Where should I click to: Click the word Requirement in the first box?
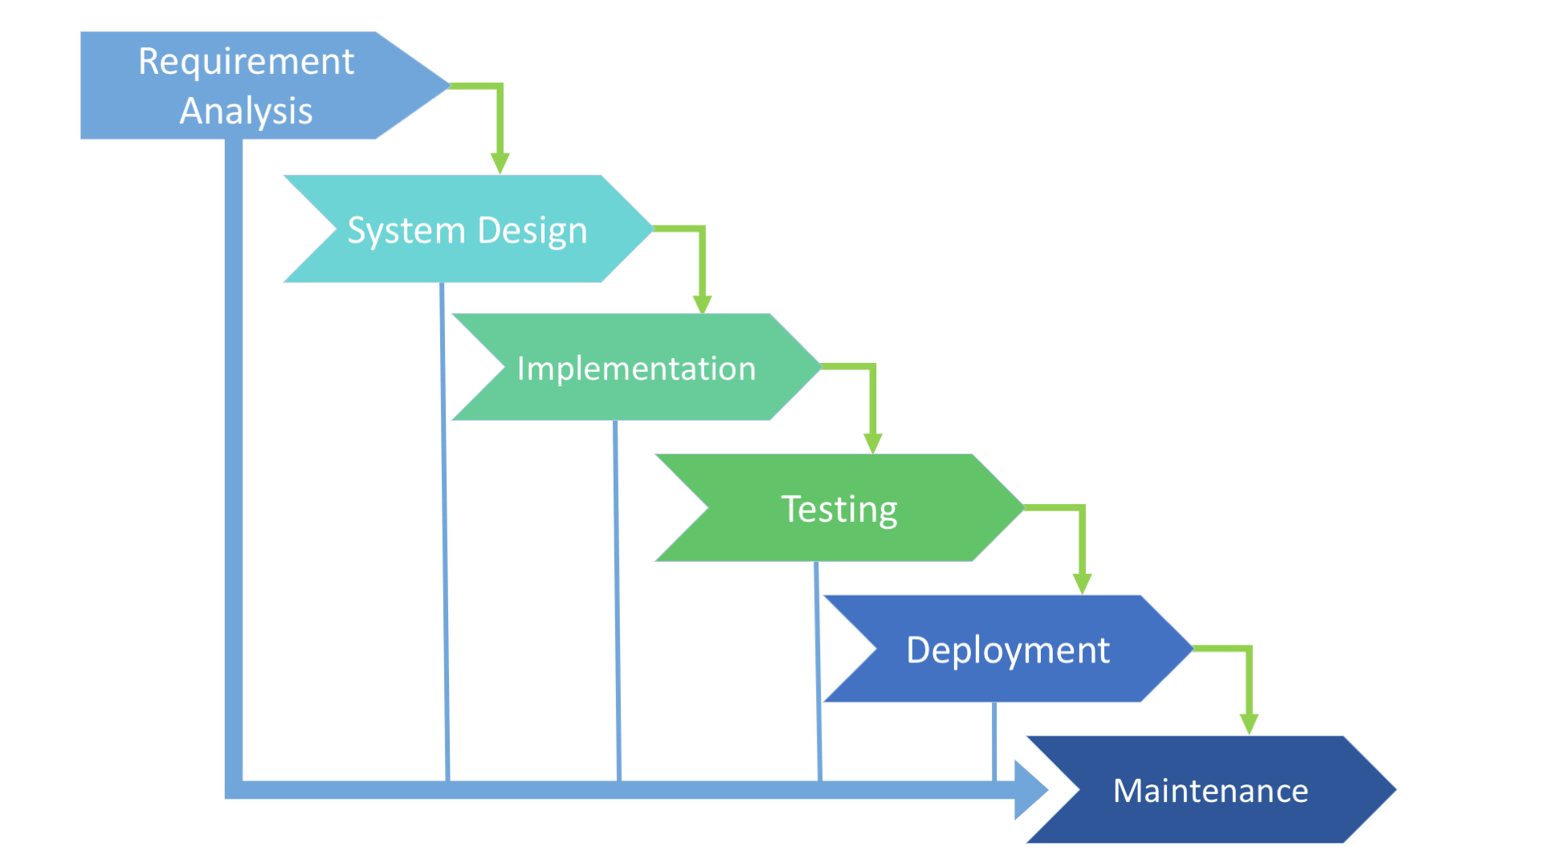pos(246,62)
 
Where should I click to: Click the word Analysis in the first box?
pos(246,111)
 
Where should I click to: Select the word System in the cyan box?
pos(406,230)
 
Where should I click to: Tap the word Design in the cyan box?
pos(532,230)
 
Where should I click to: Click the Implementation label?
pos(636,368)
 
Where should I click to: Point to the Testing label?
pos(839,509)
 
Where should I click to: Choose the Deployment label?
pos(1007,649)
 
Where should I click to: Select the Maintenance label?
pos(1210,791)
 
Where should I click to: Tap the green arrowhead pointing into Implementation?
pos(703,303)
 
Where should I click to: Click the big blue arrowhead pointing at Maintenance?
pos(1030,790)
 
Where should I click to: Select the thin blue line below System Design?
pos(444,530)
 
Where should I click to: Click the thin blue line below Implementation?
pos(617,602)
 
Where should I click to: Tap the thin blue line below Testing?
pos(818,670)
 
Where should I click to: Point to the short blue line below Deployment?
pos(994,740)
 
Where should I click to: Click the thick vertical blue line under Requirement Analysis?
pos(234,466)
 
